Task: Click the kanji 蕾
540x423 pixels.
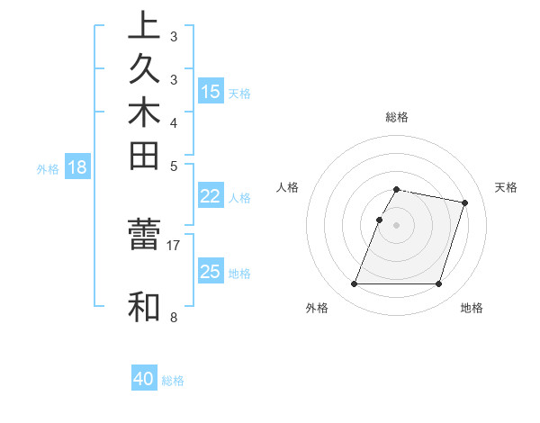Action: point(144,235)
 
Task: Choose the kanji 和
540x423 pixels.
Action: point(144,307)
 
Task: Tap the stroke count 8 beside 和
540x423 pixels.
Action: point(174,317)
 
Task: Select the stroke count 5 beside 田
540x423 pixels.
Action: point(174,166)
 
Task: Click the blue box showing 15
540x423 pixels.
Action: point(211,92)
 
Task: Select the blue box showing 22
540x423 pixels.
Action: point(211,197)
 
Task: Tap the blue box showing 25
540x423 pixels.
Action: point(211,272)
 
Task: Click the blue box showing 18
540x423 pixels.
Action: point(78,166)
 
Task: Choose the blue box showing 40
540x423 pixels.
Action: point(144,380)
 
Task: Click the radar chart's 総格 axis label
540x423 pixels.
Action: point(397,117)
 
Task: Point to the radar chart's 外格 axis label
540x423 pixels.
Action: point(317,308)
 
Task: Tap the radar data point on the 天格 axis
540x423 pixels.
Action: point(464,202)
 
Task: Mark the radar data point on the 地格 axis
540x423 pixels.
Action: point(438,284)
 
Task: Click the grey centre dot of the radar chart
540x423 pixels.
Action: point(397,224)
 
